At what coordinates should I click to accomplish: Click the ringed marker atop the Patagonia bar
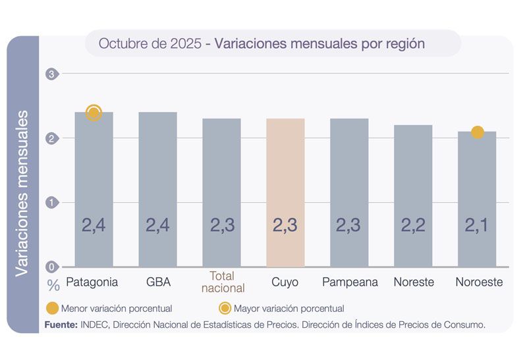(x=94, y=113)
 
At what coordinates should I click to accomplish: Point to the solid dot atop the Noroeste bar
(x=478, y=132)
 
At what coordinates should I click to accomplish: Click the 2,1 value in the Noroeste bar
(x=477, y=225)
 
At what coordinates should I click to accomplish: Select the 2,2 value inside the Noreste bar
(x=413, y=225)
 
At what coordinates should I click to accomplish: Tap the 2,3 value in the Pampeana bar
(x=349, y=225)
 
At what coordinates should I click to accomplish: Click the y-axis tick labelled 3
(x=51, y=74)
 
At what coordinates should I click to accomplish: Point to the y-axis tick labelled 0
(x=51, y=267)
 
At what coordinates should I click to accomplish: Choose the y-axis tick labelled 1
(x=51, y=203)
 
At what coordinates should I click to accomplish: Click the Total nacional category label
(x=221, y=282)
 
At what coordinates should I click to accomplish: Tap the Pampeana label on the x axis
(x=350, y=282)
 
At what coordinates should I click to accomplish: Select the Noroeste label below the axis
(x=479, y=282)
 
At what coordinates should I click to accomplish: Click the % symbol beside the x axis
(x=53, y=286)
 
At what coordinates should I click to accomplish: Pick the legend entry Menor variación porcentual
(x=109, y=308)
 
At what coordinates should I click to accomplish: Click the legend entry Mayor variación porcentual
(x=281, y=308)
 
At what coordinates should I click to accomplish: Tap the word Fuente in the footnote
(x=61, y=324)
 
